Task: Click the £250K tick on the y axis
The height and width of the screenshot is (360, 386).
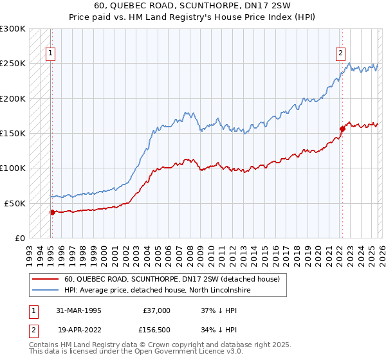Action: click(x=13, y=64)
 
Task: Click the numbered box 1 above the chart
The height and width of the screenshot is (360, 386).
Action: click(x=50, y=54)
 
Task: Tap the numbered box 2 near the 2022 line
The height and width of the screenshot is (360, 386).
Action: click(x=340, y=54)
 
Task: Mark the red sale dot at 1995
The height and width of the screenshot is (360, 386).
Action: click(x=52, y=212)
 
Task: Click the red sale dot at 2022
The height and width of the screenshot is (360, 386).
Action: click(x=342, y=129)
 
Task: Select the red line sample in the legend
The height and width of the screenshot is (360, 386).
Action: click(x=46, y=280)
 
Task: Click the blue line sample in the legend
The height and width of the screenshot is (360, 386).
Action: click(x=46, y=291)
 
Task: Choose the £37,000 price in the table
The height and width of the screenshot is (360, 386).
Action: click(x=156, y=310)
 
